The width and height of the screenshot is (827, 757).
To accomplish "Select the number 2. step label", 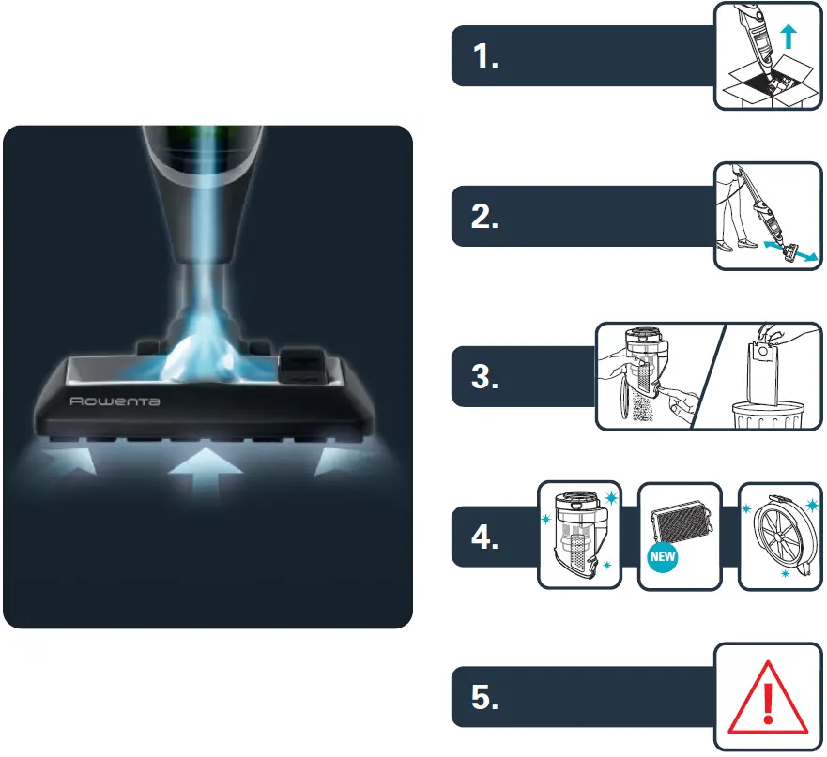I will point(485,217).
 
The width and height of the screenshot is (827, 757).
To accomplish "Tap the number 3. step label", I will point(485,377).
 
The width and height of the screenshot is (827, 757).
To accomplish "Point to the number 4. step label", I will point(485,538).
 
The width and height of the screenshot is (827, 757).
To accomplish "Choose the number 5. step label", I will point(485,698).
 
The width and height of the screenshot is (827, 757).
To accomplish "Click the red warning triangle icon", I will point(768,699).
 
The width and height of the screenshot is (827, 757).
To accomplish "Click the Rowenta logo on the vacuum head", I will point(115,401).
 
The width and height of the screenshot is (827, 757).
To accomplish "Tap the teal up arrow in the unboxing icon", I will point(789,37).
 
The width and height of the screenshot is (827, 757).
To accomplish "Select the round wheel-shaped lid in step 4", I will point(779,537).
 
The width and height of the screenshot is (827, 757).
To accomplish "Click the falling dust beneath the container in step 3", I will point(647,408).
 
